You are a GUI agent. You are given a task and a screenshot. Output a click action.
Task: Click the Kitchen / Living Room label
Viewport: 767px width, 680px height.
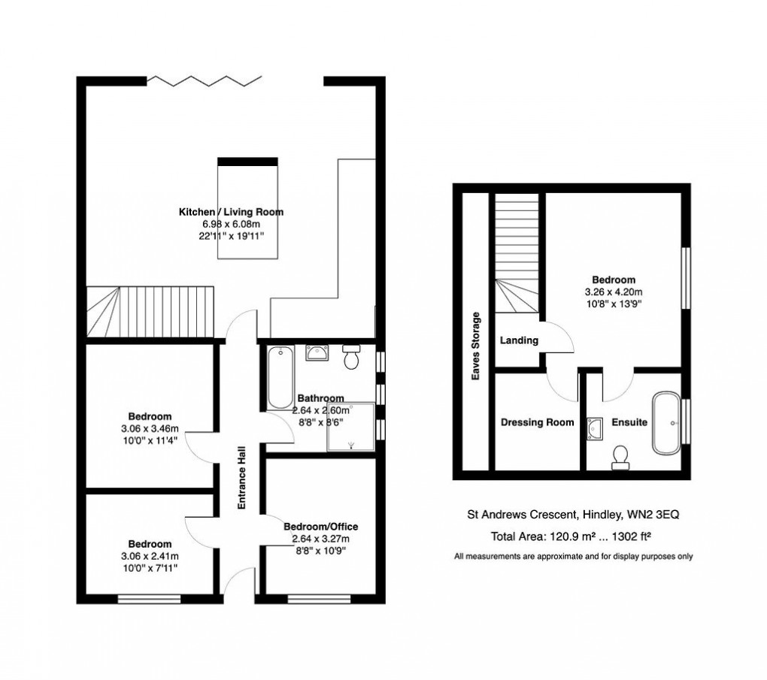point(231,212)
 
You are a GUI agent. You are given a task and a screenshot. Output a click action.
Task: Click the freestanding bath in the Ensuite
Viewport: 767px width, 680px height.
point(666,422)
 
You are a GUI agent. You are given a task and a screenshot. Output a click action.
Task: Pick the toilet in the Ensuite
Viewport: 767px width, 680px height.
point(621,457)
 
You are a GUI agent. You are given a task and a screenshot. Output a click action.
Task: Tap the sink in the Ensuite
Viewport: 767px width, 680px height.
point(596,428)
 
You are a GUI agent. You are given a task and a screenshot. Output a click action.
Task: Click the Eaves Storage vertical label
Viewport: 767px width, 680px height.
point(475,346)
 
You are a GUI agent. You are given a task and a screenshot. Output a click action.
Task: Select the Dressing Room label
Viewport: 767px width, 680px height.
point(537,423)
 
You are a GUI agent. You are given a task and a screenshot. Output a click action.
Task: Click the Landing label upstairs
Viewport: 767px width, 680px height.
point(519,340)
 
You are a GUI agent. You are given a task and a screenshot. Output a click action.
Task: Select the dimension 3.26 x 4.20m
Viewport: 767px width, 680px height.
point(614,292)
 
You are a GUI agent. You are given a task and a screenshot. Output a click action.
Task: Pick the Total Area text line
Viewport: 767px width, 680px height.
point(570,536)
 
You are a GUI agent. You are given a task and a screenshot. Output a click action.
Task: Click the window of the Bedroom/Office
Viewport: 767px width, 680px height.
point(316,599)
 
